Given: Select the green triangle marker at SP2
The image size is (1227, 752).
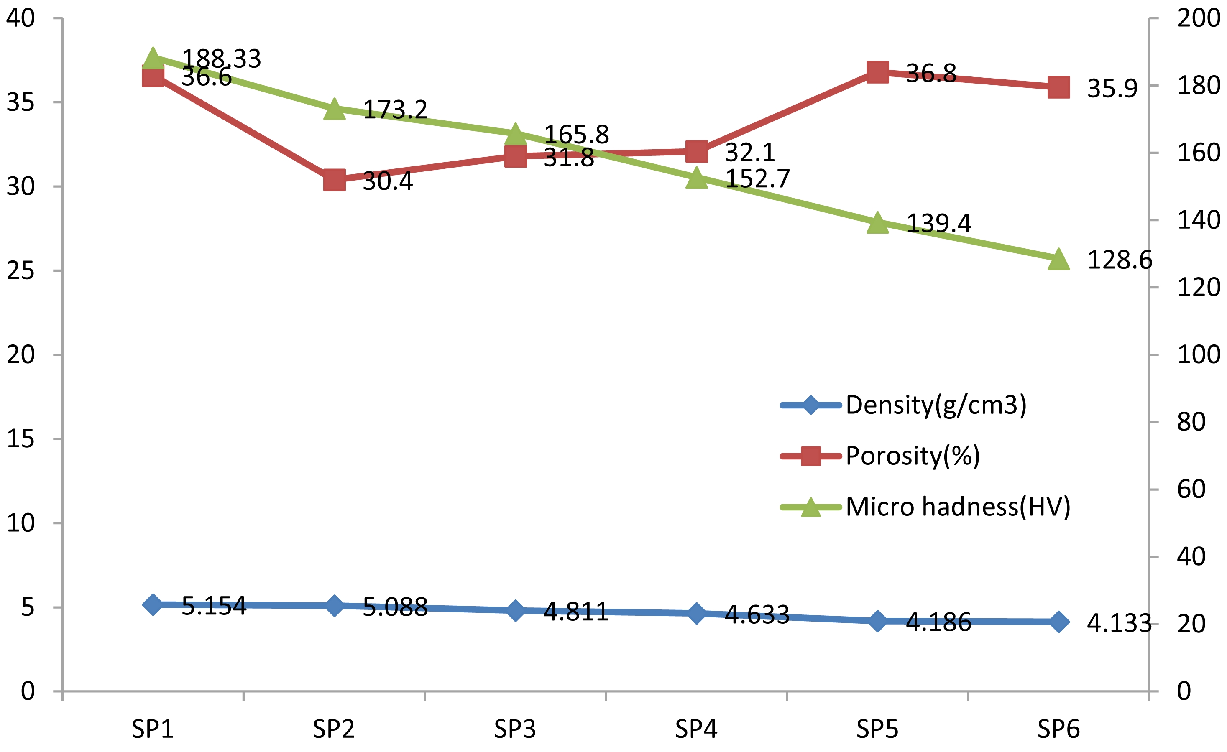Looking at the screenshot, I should [334, 110].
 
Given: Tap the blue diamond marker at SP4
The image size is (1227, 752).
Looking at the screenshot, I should [696, 613].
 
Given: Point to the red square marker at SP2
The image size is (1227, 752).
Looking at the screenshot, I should [334, 180].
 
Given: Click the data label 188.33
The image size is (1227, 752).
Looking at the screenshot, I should [222, 59].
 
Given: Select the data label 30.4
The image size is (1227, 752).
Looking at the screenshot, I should [388, 181].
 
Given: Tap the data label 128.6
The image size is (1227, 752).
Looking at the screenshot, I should [1120, 260].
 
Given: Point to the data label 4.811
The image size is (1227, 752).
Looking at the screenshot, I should [576, 612].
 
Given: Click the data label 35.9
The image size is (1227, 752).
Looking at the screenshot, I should [1112, 89].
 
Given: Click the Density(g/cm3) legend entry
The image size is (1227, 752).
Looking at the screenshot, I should [936, 405].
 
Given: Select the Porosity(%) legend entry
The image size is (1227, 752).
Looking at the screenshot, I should [912, 456].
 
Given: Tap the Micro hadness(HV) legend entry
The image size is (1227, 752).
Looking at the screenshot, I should [958, 507].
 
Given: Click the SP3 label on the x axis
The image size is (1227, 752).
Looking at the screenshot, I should [515, 729].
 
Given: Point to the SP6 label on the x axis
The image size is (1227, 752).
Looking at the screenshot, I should [1058, 729].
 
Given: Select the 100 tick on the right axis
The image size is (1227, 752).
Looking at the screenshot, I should [1199, 355].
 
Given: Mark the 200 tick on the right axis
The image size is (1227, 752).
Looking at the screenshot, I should [1199, 18].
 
